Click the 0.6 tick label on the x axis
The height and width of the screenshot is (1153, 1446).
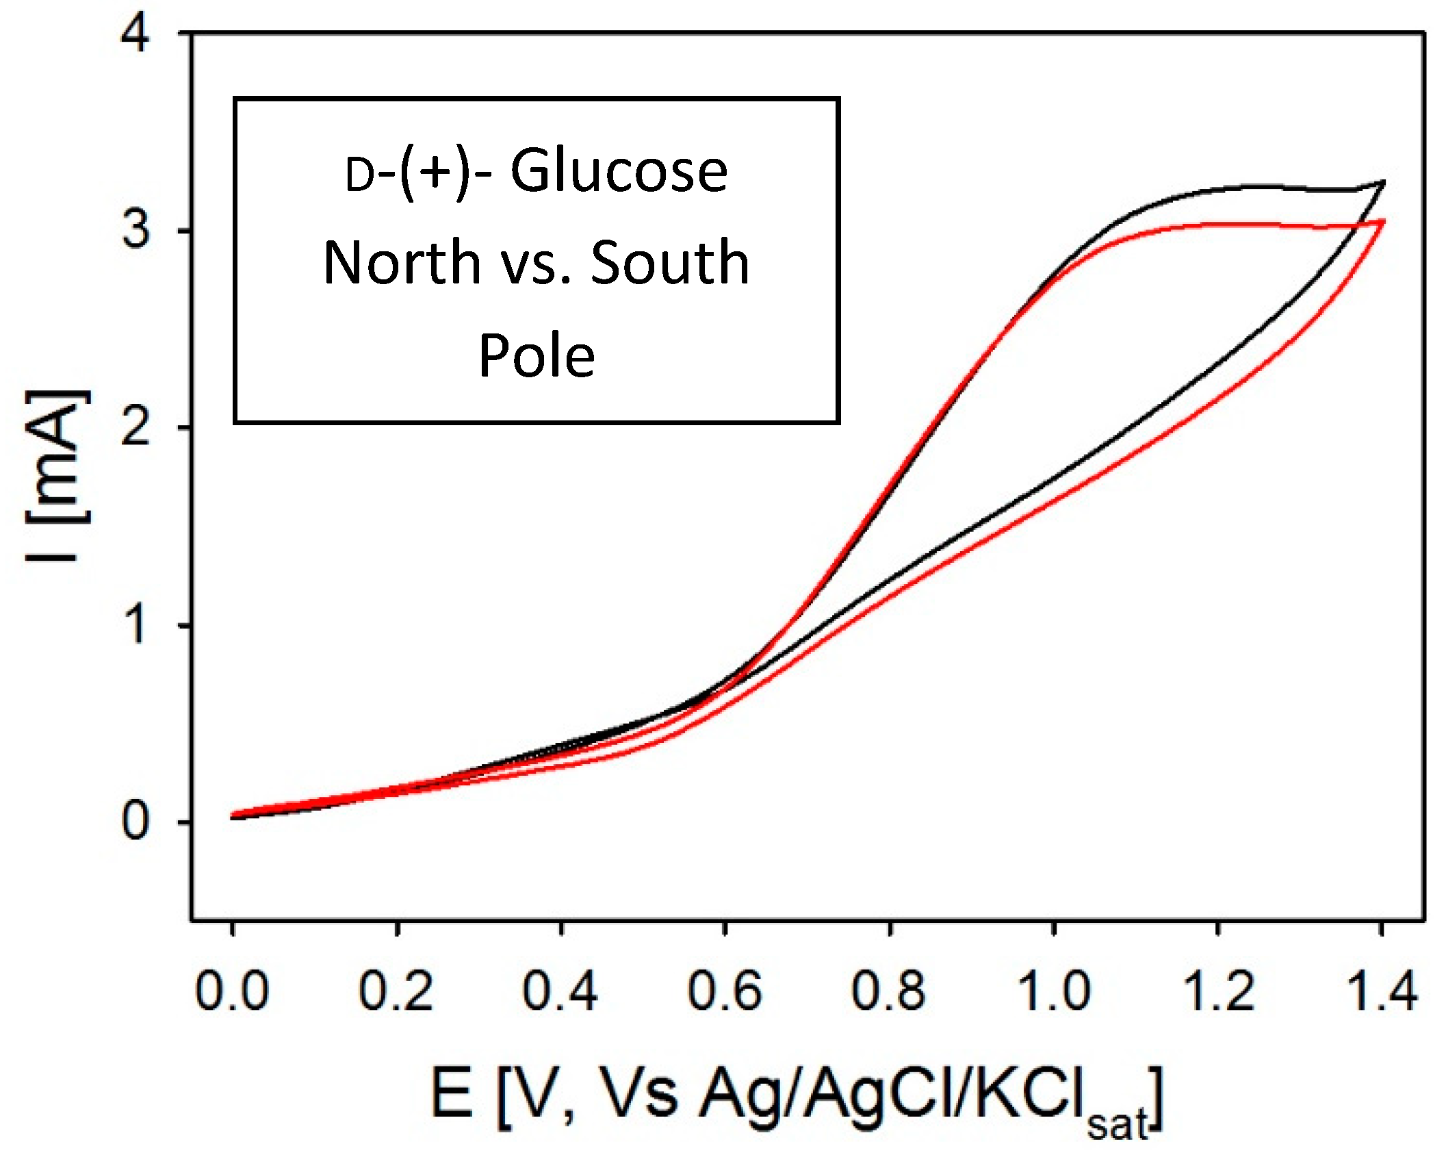(x=724, y=991)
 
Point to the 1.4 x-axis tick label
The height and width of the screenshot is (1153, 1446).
(x=1381, y=991)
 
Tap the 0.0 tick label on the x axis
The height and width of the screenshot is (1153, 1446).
(x=232, y=991)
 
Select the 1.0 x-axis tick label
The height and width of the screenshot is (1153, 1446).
(x=1053, y=991)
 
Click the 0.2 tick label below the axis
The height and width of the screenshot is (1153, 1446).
(x=396, y=991)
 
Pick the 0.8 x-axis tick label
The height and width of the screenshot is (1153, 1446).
(x=888, y=991)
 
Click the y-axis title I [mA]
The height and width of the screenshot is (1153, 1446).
(x=58, y=476)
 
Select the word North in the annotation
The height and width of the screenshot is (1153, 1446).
(x=402, y=263)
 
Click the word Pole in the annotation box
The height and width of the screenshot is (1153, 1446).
(x=537, y=355)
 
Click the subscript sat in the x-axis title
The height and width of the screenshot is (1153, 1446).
(x=1117, y=1124)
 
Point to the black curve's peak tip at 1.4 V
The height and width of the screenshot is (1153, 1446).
(x=1384, y=182)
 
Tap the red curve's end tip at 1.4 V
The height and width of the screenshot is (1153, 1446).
(x=1384, y=221)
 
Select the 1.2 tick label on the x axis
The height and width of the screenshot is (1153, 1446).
(x=1218, y=991)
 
